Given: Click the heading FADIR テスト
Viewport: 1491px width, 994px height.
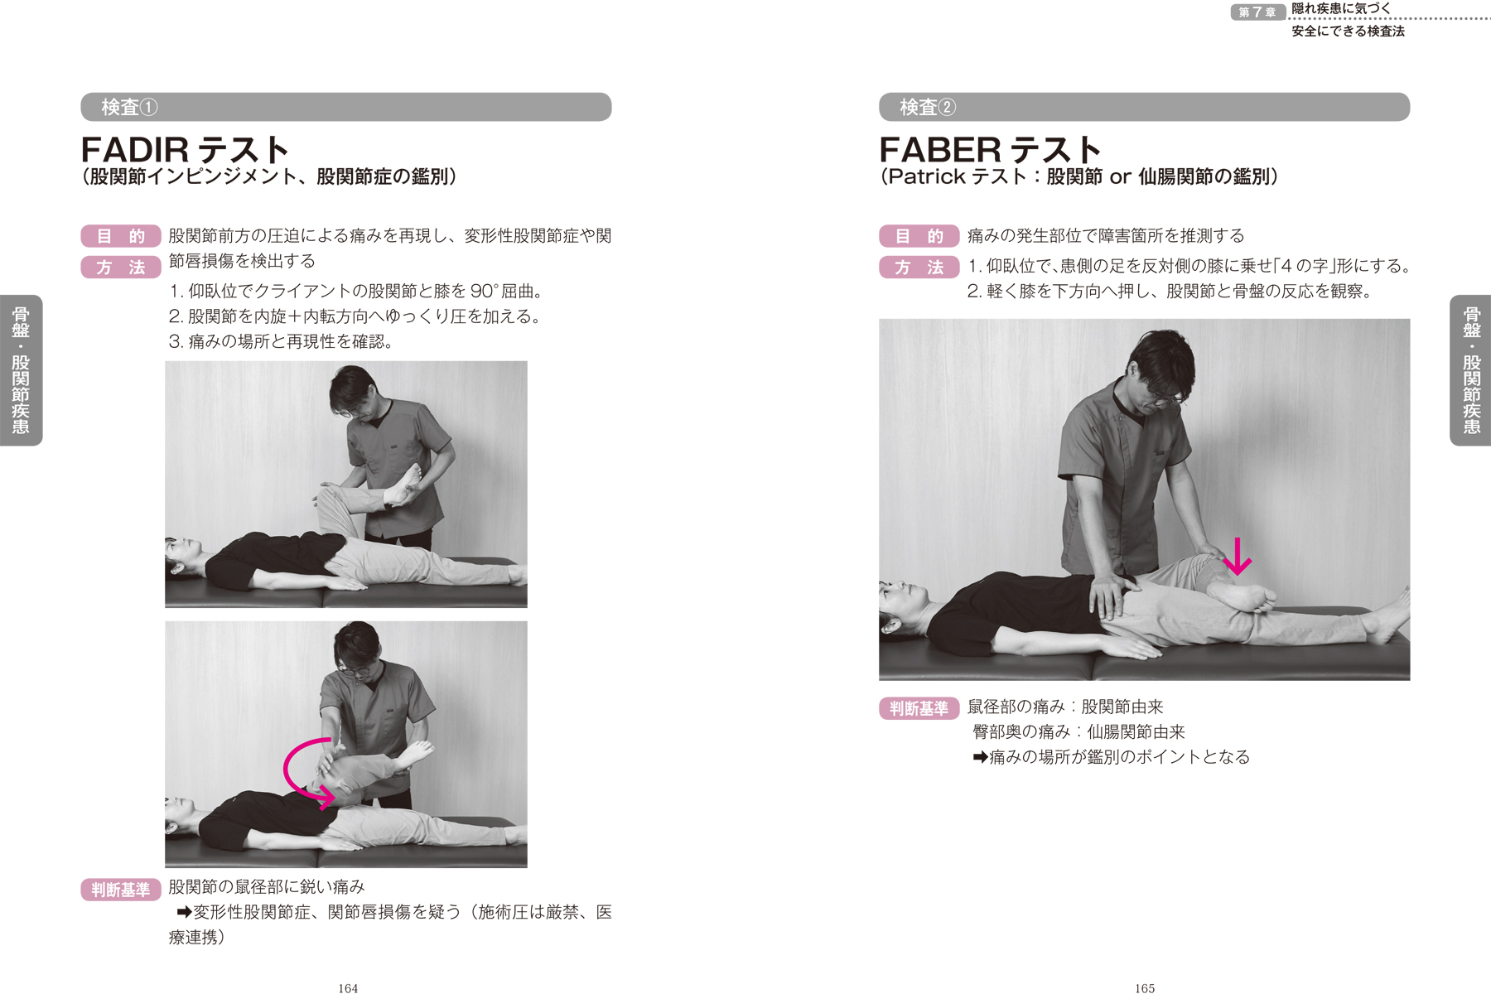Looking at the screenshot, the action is [x=185, y=150].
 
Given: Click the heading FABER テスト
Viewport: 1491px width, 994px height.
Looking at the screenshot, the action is [x=990, y=150].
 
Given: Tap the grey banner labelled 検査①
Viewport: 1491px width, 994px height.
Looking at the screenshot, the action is [x=346, y=107].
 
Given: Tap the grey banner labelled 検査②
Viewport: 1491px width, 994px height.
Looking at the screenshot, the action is [x=1144, y=107].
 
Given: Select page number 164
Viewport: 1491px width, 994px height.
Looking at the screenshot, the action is [x=348, y=988].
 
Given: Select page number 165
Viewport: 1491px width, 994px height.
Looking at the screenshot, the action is [x=1145, y=988].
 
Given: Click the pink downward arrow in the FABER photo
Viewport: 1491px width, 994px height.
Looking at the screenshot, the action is [x=1238, y=556].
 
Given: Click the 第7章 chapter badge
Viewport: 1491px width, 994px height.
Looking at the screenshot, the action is [x=1257, y=12].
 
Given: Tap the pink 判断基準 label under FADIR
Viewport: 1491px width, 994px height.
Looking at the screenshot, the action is [x=121, y=890].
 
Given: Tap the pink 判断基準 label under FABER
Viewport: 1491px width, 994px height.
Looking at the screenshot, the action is [x=919, y=708].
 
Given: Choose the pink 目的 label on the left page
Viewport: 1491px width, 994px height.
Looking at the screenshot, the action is [x=121, y=236].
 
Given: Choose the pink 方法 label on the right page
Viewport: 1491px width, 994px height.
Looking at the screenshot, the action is [x=919, y=268].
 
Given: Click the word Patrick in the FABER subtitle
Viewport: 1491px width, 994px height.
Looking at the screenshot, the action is [x=927, y=176].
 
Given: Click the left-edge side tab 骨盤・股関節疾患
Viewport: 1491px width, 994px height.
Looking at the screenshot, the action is [x=21, y=370].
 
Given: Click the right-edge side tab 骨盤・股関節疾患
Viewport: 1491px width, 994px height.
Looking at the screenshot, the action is [x=1471, y=370].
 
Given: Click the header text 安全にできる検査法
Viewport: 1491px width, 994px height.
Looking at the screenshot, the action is [x=1348, y=31].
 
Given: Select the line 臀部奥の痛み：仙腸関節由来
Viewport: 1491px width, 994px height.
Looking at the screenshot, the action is [x=1078, y=732].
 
